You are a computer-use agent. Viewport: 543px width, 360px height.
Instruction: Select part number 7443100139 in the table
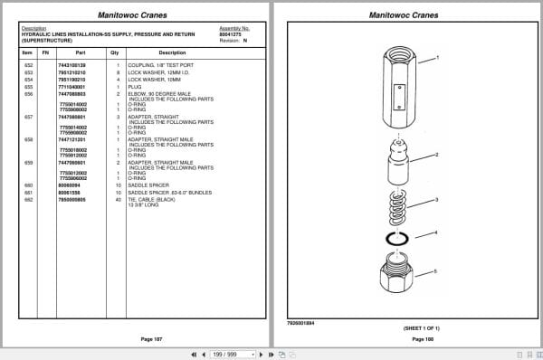72,67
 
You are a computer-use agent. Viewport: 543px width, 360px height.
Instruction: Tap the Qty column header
115,53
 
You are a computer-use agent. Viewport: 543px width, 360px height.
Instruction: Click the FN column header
45,53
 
